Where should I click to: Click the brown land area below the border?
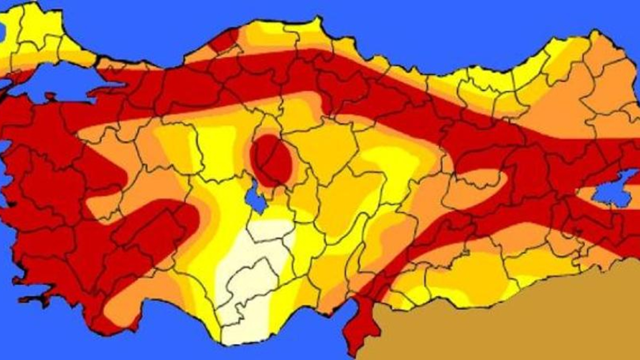point(507,320)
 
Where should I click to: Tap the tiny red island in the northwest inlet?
point(50,97)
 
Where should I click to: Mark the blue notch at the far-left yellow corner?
point(2,32)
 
